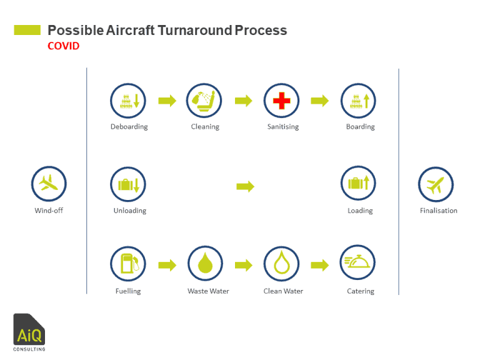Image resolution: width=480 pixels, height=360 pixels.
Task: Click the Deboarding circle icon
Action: coord(128,100)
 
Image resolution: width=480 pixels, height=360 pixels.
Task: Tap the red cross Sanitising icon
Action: coord(282,100)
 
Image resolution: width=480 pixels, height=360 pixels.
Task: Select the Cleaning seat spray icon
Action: coord(204,100)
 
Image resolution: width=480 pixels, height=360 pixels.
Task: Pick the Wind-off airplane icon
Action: coord(49,184)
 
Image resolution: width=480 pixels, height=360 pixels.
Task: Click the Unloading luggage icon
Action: coord(128,184)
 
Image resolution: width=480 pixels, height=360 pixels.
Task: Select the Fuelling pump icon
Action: coord(128,264)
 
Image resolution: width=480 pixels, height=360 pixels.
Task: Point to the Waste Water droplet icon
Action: coord(205,264)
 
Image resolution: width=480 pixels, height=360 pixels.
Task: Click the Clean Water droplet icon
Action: coord(282,264)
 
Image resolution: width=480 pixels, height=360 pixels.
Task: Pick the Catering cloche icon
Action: coord(357,264)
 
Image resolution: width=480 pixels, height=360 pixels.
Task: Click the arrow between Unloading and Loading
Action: coord(245,186)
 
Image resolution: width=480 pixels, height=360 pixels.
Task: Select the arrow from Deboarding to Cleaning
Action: coord(167,101)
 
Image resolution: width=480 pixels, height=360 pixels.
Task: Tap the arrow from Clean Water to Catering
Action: coord(320,265)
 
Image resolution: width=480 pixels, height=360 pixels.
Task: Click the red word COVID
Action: coord(63,46)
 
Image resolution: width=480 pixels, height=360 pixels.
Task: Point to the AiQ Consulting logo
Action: coord(29,332)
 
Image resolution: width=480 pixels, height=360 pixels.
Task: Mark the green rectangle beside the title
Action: coord(27,30)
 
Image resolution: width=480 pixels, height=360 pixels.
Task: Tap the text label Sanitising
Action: coord(282,127)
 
